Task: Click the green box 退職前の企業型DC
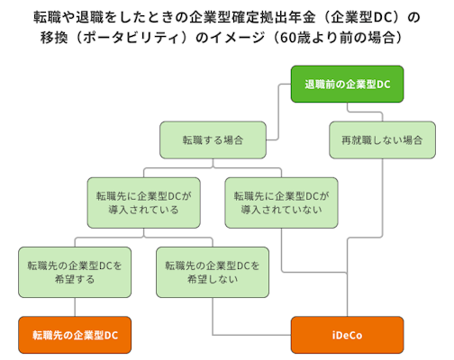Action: point(347,86)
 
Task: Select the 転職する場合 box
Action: point(213,141)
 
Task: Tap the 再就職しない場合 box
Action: point(382,141)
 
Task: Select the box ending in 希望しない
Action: point(213,272)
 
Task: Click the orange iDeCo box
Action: point(347,335)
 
